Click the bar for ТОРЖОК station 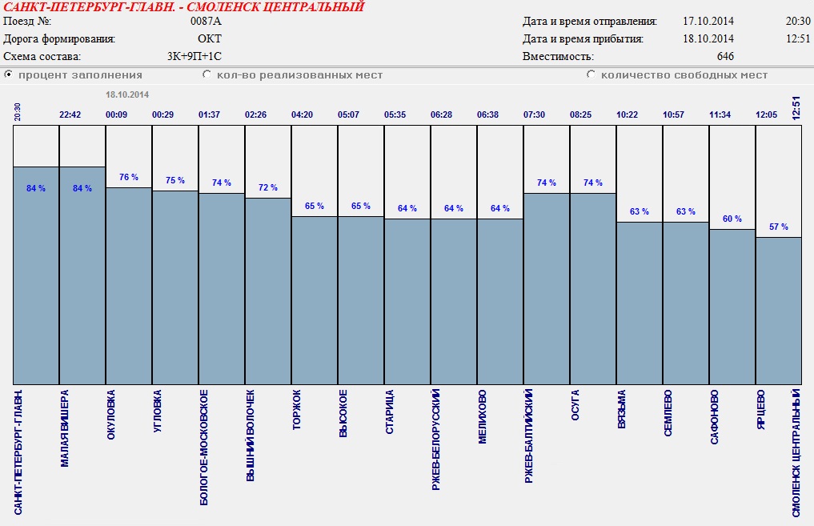pos(315,300)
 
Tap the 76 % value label pos(129,177)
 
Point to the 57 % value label pos(779,227)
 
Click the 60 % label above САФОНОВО pos(732,219)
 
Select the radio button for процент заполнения pos(9,74)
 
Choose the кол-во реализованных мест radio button pos(207,74)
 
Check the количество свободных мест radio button pos(591,74)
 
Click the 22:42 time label pos(70,114)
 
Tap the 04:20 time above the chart pos(303,114)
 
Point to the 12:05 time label pos(767,114)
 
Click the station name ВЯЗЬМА pos(622,409)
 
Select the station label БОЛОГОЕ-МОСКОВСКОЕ pos(204,447)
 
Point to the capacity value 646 pos(725,57)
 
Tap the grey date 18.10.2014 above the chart pos(127,94)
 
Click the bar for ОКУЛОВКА pos(129,286)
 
